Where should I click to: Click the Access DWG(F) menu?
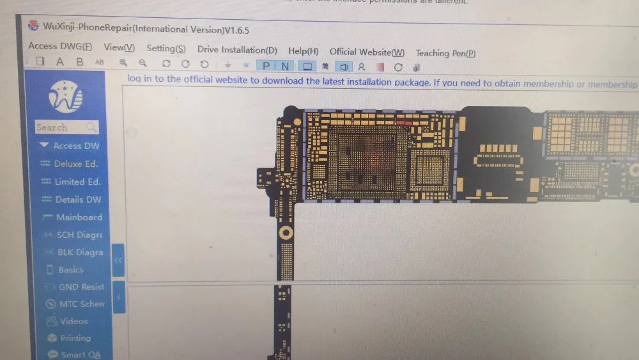pos(60,46)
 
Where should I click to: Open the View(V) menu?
pos(119,47)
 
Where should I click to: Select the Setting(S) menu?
pos(166,49)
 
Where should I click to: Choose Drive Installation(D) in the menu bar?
pos(237,50)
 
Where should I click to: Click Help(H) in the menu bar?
pos(304,51)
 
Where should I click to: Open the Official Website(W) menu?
pos(367,52)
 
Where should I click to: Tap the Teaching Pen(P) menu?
pos(445,54)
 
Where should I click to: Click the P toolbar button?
pos(266,66)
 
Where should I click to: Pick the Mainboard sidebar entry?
pos(78,217)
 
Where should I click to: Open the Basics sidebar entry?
pos(70,270)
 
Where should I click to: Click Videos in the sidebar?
pos(73,321)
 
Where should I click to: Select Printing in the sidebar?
pos(75,338)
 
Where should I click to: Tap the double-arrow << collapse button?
pos(118,260)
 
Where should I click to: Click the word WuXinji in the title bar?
pos(61,27)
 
